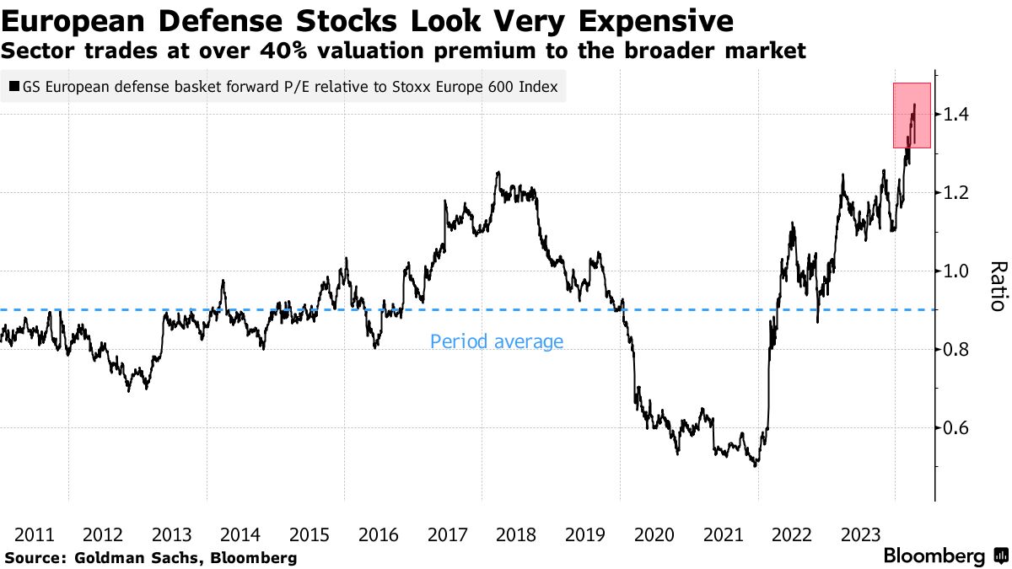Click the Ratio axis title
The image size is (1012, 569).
click(997, 286)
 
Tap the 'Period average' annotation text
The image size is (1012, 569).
click(496, 341)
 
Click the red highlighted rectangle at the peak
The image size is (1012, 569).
click(912, 115)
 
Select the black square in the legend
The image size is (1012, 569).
click(14, 86)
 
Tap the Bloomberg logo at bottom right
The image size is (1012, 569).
click(934, 556)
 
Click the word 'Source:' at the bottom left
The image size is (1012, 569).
click(35, 557)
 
